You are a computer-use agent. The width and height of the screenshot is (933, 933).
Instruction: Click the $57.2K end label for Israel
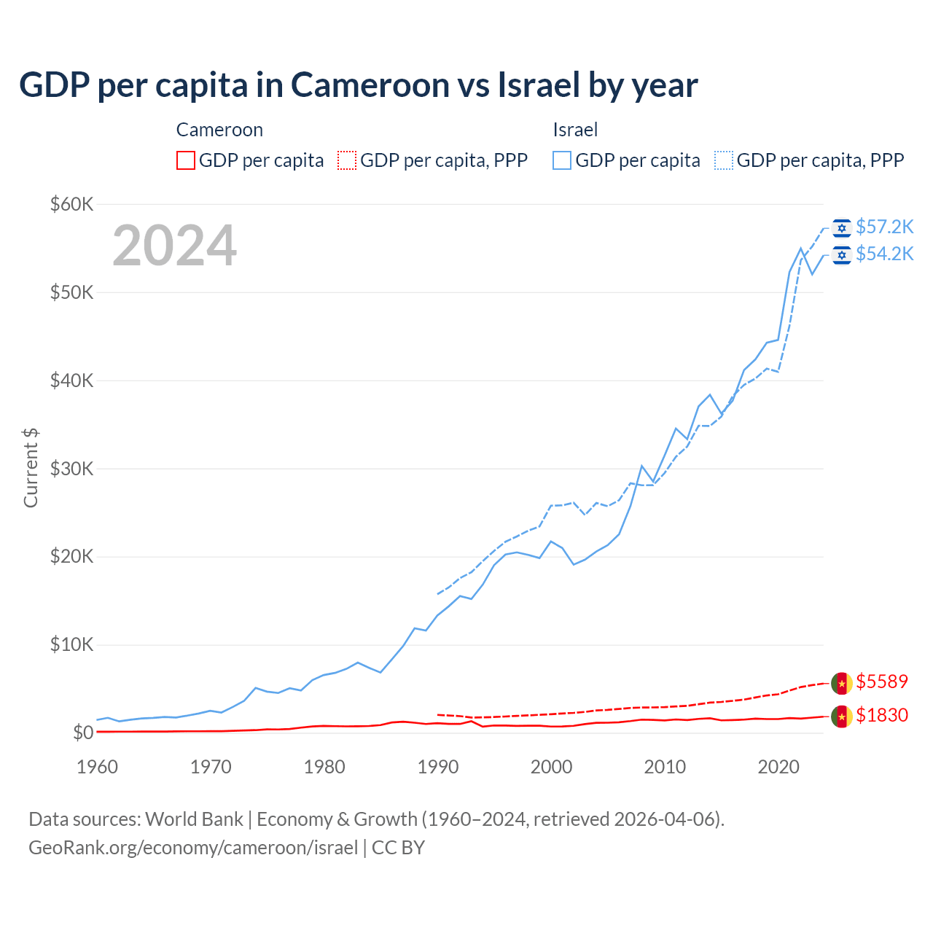tap(884, 227)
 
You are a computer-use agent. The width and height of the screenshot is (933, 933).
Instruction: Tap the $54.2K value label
tap(884, 254)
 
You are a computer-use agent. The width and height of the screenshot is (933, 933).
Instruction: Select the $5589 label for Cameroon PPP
tap(882, 682)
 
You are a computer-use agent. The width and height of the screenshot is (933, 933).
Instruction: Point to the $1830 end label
tap(882, 715)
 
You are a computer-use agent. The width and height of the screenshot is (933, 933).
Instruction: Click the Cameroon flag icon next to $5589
tap(842, 683)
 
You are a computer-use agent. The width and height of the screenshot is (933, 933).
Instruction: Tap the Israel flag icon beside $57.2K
tap(842, 228)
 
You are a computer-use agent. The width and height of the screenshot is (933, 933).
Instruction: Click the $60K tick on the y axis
tap(71, 204)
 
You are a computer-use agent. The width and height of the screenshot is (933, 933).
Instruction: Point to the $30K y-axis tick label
tap(71, 469)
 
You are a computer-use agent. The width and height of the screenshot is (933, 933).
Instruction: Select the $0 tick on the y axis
tap(82, 733)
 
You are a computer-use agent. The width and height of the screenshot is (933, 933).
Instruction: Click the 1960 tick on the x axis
tap(97, 767)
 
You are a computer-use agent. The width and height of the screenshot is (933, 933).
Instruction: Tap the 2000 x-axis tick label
tap(552, 767)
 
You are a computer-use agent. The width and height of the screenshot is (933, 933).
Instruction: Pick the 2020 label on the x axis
tap(778, 767)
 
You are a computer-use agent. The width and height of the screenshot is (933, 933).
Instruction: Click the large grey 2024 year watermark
tap(174, 246)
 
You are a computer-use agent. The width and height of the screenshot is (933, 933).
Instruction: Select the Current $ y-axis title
tap(31, 468)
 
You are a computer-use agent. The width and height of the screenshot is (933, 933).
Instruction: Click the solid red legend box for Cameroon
tap(186, 160)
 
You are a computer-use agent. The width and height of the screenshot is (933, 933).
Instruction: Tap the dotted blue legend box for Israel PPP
tap(724, 160)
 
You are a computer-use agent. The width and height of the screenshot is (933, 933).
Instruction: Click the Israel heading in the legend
tap(575, 130)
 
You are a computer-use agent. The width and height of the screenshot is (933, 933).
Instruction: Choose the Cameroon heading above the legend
tap(219, 130)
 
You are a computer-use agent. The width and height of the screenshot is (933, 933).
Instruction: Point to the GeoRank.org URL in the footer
tap(193, 848)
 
